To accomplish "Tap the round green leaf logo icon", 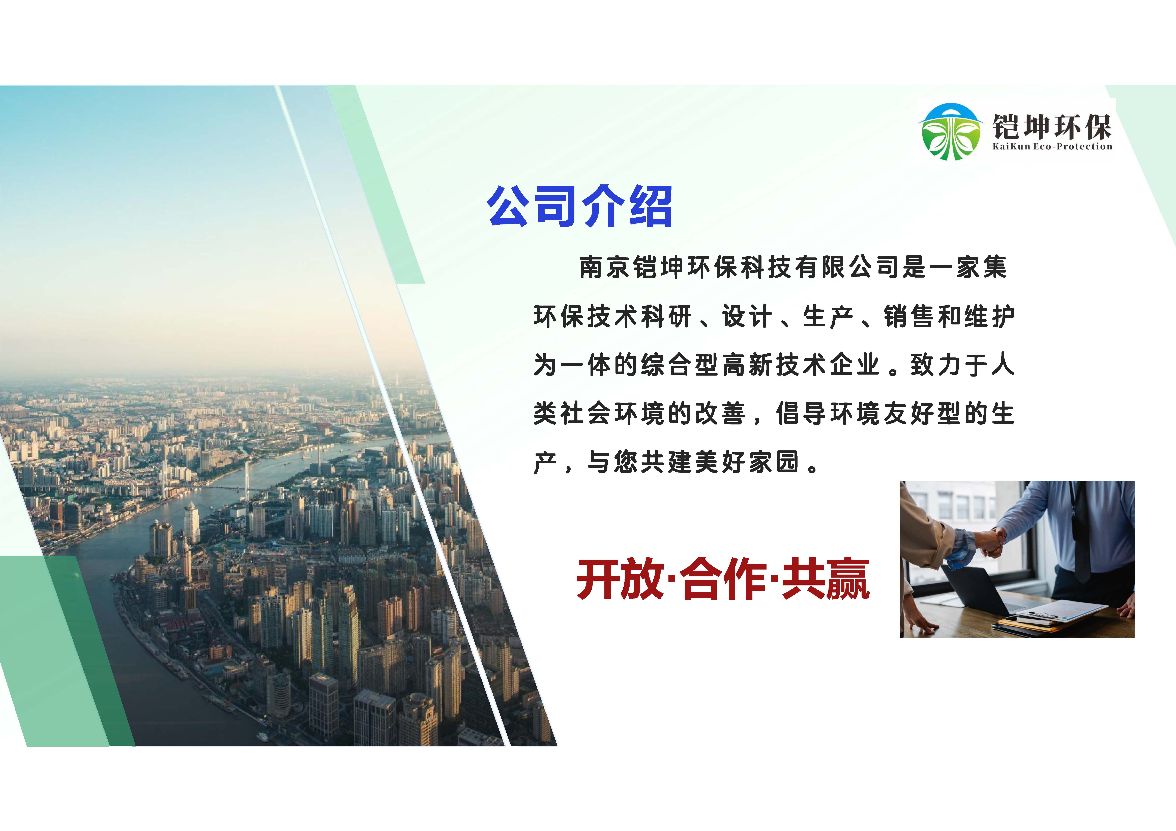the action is coord(951,132).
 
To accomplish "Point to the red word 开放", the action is coord(620,580).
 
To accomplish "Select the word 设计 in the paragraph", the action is coord(747,316).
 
